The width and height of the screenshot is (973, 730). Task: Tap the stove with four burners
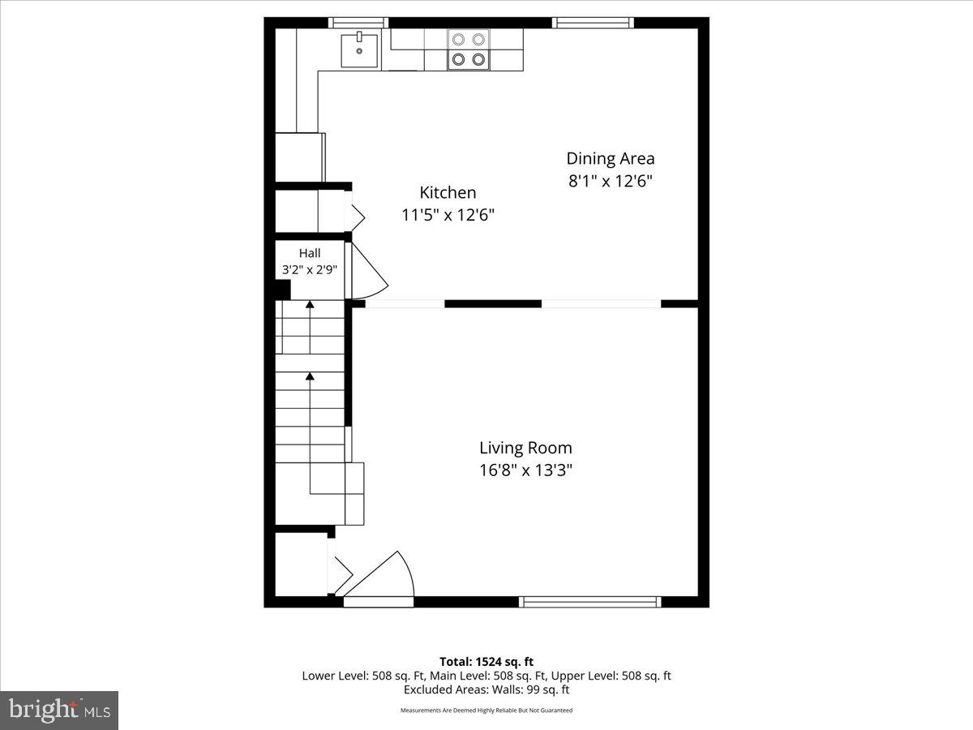pos(469,49)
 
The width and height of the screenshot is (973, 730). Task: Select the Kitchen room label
pos(448,193)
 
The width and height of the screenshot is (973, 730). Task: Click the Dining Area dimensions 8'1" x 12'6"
pos(610,181)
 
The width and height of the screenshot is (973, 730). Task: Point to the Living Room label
pos(525,448)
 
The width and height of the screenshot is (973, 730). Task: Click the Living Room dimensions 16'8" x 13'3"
pos(525,470)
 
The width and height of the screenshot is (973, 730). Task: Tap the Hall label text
pos(310,253)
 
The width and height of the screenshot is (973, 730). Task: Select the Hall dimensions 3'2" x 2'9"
pos(310,269)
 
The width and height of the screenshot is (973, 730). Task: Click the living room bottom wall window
pos(589,602)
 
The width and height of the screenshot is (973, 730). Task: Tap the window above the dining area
pos(593,23)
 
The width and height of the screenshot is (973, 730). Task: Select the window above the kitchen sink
pos(358,23)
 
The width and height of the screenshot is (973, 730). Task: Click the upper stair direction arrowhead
pos(310,305)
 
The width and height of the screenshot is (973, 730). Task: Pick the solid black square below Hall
pos(282,290)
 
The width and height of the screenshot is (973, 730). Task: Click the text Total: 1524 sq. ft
pos(486,662)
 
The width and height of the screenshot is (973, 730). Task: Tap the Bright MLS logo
pos(59,710)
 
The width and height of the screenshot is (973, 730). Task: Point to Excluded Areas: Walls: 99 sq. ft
pos(486,689)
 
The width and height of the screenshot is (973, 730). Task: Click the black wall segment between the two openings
pos(493,304)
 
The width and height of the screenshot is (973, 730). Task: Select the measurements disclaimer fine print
pos(486,711)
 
